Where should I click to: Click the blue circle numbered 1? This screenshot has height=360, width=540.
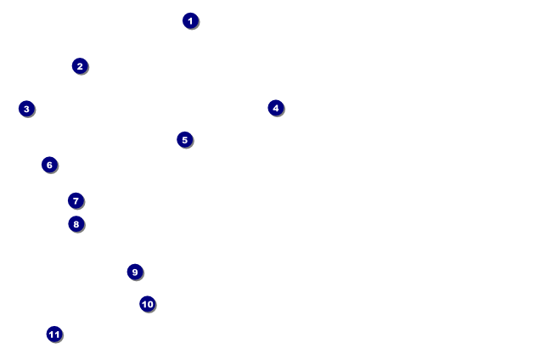click(190, 21)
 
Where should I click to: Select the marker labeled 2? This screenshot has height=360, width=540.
click(80, 66)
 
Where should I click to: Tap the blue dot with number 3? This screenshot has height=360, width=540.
click(26, 109)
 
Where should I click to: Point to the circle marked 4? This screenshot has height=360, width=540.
click(276, 108)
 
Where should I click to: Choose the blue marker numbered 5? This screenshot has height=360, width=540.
click(184, 140)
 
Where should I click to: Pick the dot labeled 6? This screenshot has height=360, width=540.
click(49, 165)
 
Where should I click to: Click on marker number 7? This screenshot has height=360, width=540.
click(76, 201)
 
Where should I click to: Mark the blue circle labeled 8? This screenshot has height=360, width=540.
click(76, 224)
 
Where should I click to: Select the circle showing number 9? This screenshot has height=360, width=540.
click(134, 273)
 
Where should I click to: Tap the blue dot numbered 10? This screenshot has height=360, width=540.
click(147, 304)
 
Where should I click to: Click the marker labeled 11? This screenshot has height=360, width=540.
click(54, 335)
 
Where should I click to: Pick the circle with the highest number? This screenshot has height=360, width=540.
click(54, 335)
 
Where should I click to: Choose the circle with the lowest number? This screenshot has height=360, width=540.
click(190, 21)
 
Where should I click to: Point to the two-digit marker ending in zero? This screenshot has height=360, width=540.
click(147, 304)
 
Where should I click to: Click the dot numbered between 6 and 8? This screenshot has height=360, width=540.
click(76, 201)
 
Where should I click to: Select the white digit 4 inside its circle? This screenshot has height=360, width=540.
click(276, 108)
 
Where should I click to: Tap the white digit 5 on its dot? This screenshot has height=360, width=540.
click(184, 140)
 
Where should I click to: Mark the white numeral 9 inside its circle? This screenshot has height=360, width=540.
click(134, 273)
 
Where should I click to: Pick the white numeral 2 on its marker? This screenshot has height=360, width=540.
click(80, 66)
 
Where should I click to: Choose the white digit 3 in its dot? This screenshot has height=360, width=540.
click(26, 109)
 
